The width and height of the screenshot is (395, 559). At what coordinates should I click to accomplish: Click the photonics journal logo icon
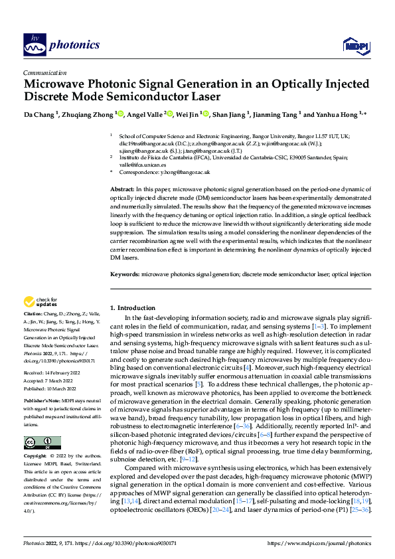[x=33, y=44]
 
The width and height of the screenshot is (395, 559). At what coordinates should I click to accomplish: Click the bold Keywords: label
[x=125, y=274]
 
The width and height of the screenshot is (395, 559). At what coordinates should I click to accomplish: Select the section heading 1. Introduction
[x=132, y=308]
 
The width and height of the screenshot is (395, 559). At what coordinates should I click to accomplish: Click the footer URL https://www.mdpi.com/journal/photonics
[x=319, y=542]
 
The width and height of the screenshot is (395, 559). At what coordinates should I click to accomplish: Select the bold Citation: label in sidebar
[x=34, y=321]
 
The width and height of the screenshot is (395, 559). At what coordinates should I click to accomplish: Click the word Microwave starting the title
[x=56, y=85]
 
